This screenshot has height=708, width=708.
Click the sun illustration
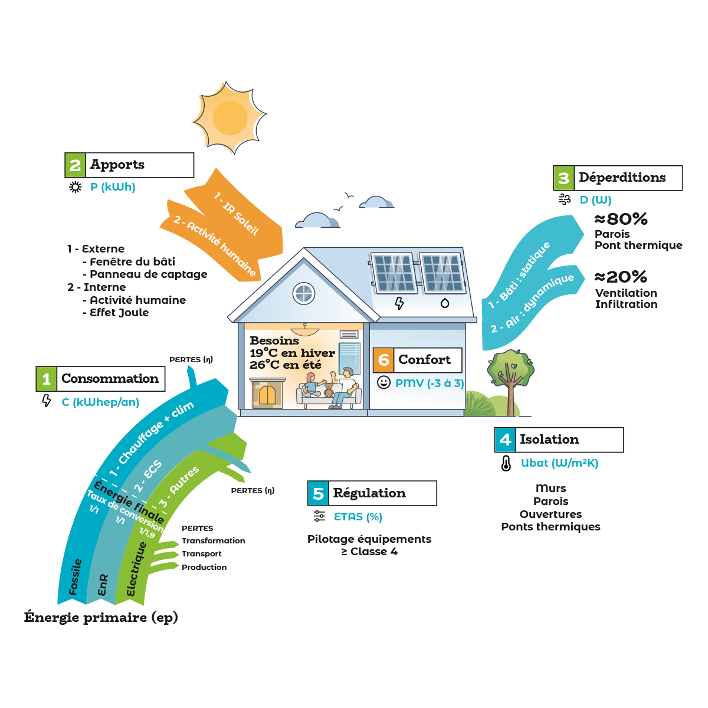(x=230, y=118)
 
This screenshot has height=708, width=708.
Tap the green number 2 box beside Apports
(x=75, y=165)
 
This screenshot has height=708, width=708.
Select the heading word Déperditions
(x=622, y=178)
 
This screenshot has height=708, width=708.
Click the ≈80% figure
(x=621, y=219)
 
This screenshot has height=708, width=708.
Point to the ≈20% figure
(x=620, y=277)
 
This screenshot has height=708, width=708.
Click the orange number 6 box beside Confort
(x=383, y=360)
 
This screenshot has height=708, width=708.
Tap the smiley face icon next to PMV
(x=383, y=382)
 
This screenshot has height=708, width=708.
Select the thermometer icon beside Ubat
(x=506, y=463)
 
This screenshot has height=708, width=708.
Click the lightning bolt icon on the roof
(x=399, y=303)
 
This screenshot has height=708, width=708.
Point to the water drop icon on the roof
(x=445, y=303)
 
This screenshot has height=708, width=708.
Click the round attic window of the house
(x=304, y=293)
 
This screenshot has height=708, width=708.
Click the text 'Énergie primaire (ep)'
(x=101, y=617)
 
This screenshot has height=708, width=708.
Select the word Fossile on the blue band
(x=75, y=577)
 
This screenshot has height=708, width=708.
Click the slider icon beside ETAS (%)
(x=319, y=516)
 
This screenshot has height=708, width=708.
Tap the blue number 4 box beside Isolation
(x=505, y=440)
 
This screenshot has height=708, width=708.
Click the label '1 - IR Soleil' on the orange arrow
(x=236, y=213)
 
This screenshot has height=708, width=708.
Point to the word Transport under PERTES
(x=201, y=554)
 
